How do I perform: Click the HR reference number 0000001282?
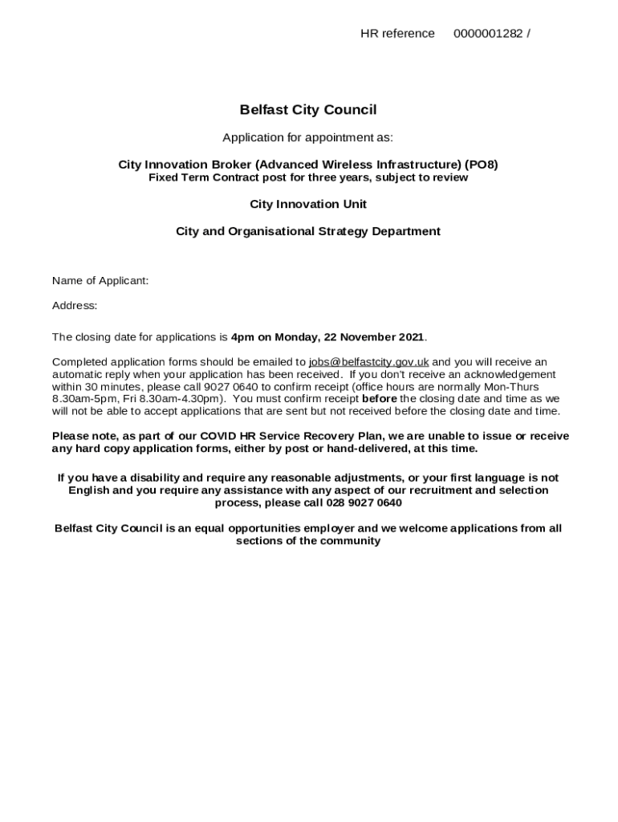tap(487, 34)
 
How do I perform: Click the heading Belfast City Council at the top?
tap(308, 110)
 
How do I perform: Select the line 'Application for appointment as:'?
tap(308, 137)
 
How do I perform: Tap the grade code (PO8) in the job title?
tap(481, 165)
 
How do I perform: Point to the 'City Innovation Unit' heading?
tap(308, 204)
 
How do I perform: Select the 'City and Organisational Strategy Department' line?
tap(308, 231)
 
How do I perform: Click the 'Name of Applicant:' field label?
tap(100, 280)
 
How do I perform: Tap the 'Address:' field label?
tap(75, 305)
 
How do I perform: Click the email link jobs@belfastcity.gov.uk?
tap(368, 362)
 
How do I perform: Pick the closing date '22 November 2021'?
tap(374, 337)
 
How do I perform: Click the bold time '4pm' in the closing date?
tap(242, 337)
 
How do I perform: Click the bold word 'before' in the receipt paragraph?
tap(379, 398)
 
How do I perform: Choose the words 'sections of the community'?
tap(308, 541)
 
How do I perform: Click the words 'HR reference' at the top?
tap(397, 34)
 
